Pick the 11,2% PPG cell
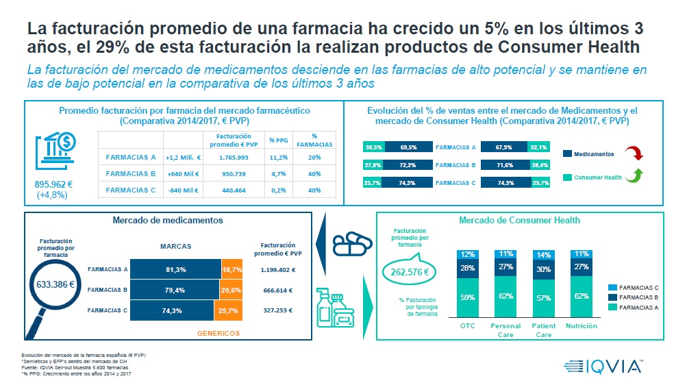tap(277, 157)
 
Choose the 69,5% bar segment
tap(408, 147)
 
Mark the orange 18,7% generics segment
tap(232, 270)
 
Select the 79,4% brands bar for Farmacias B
tap(175, 290)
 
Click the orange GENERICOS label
tap(218, 334)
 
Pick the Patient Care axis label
tap(544, 330)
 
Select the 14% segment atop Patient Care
tap(544, 255)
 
